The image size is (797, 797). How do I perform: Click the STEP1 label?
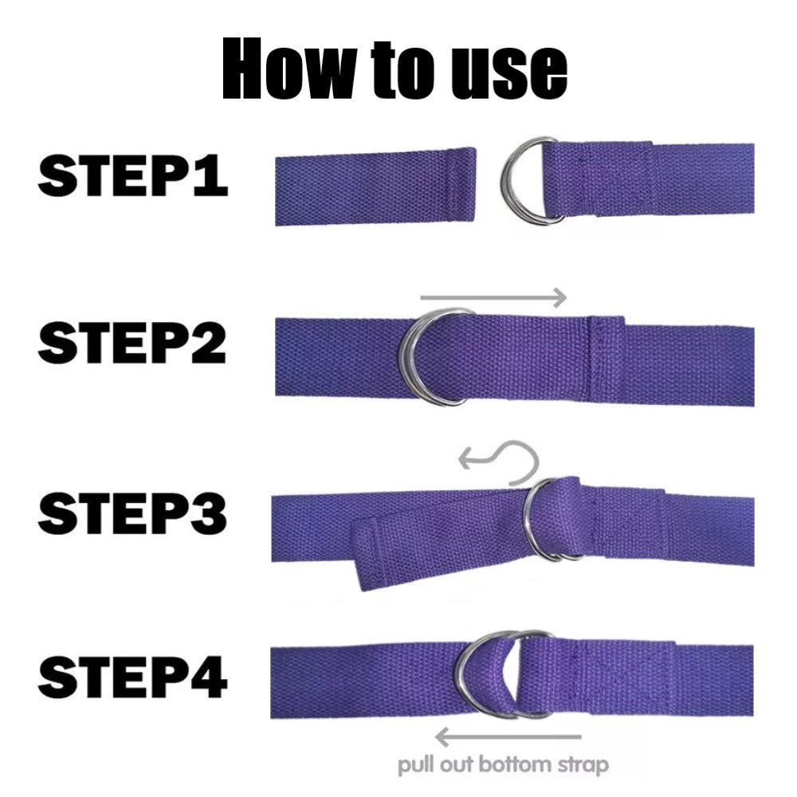[x=132, y=176]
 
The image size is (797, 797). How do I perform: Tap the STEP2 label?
[x=132, y=344]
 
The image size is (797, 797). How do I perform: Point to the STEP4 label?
[x=132, y=681]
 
